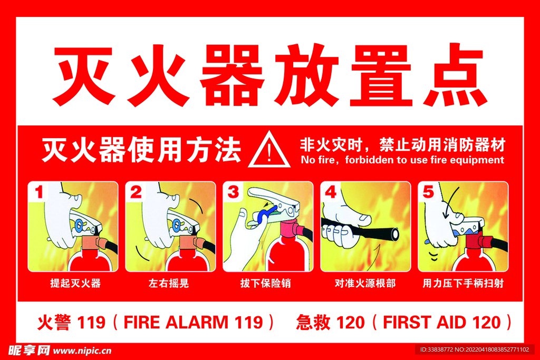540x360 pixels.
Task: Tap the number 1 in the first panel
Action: coord(39,192)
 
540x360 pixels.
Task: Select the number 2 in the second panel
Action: coord(136,192)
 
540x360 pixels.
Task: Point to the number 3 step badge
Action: coord(233,192)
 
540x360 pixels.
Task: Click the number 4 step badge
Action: coord(331,192)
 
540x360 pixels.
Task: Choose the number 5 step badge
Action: coord(428,192)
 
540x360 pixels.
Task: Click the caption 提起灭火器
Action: coord(75,283)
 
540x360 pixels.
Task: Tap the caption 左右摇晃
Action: coord(169,283)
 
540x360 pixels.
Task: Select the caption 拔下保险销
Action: coord(266,283)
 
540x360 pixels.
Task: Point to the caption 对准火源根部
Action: coord(365,283)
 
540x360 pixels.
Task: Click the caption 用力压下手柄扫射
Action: coord(463,283)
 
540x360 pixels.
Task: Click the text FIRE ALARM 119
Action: coord(193,323)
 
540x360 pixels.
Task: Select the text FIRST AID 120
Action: coord(442,323)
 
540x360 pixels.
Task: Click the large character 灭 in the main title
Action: coord(84,75)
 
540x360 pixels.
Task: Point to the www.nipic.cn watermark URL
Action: coord(82,351)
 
